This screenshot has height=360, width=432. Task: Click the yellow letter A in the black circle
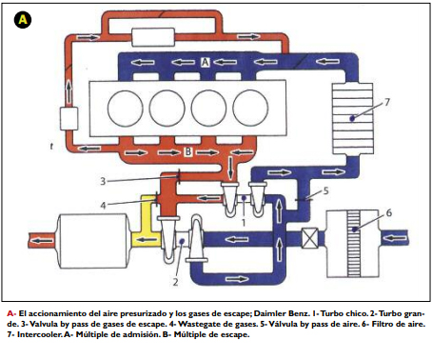click(x=23, y=20)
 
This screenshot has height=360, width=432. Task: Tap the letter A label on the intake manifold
click(x=206, y=62)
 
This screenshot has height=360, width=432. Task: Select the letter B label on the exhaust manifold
click(x=188, y=151)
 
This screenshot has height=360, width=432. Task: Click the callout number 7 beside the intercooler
click(x=387, y=102)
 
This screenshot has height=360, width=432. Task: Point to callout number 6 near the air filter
click(x=389, y=212)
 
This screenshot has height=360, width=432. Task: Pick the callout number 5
click(x=325, y=190)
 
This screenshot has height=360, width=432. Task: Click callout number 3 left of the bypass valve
click(x=103, y=181)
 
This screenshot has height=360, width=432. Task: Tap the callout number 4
click(x=103, y=206)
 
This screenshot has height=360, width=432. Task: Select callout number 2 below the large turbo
click(x=175, y=281)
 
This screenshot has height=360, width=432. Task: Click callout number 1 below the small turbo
click(x=244, y=223)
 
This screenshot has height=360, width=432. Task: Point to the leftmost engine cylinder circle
click(x=126, y=109)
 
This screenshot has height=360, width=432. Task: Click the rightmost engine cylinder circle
click(x=250, y=109)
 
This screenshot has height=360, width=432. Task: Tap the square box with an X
click(x=309, y=238)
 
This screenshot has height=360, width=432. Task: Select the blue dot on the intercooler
click(x=352, y=118)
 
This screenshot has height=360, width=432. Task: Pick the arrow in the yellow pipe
click(x=147, y=239)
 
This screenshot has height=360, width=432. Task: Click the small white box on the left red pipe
click(x=69, y=118)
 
